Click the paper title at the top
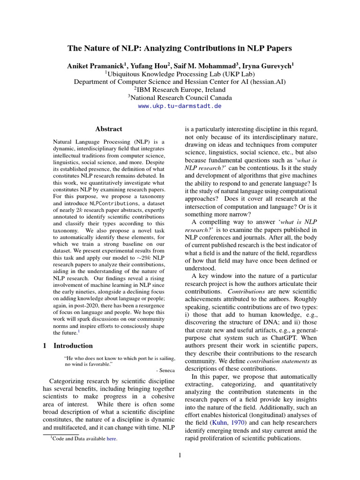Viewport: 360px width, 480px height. click(180, 48)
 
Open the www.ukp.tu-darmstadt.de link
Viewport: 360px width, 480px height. click(180, 106)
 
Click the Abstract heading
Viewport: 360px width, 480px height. click(109, 129)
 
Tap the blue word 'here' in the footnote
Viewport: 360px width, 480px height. click(112, 439)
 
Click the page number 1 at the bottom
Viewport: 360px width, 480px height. click(180, 455)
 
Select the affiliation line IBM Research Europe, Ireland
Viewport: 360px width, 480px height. click(180, 90)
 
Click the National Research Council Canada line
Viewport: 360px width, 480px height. click(180, 98)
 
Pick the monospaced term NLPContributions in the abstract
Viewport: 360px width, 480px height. click(112, 204)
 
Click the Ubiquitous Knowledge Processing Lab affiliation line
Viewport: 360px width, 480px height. click(180, 74)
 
